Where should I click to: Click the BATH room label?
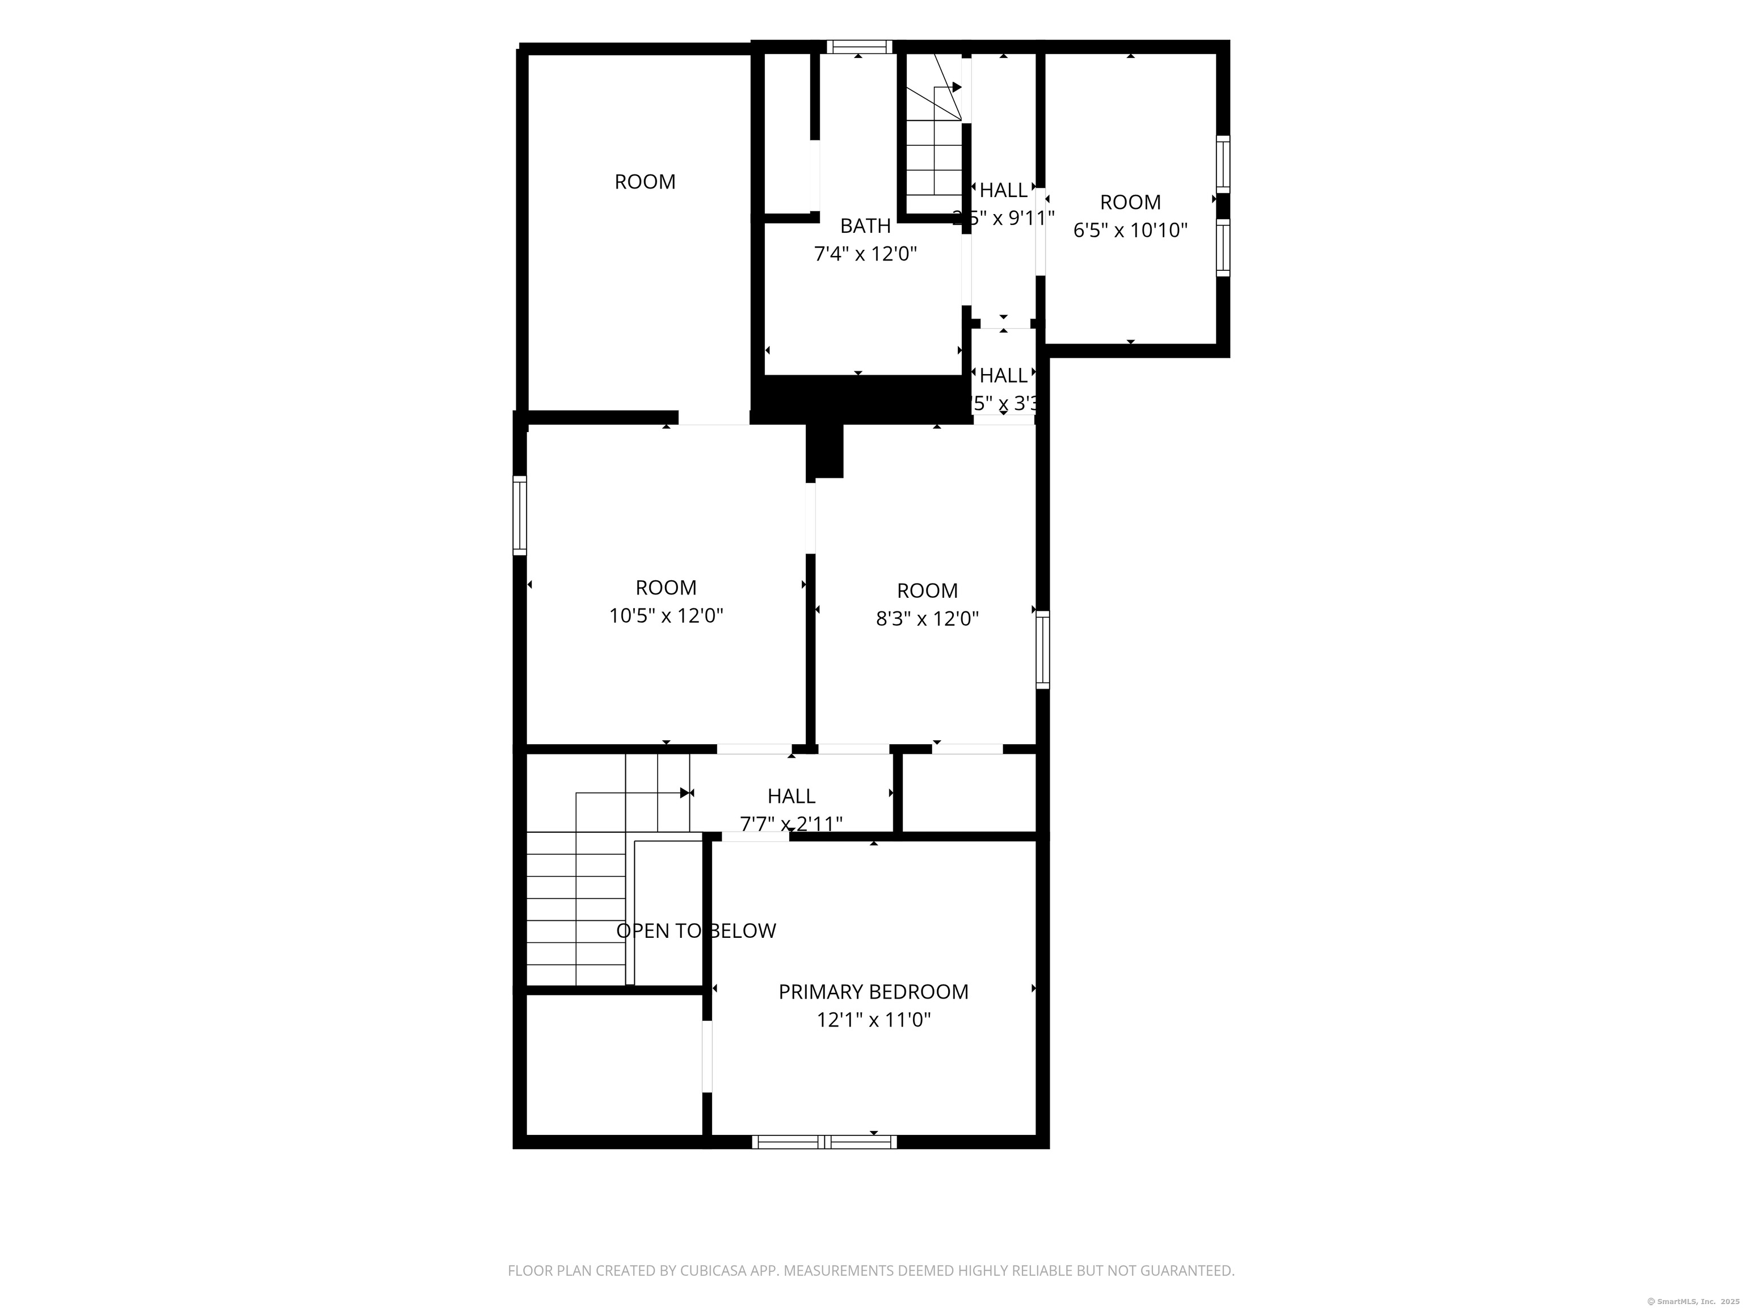[865, 227]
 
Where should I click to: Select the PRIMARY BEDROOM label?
[873, 992]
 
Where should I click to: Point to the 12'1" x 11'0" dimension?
[873, 1020]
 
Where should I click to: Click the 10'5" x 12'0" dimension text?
[666, 616]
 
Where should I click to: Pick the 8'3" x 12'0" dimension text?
[928, 619]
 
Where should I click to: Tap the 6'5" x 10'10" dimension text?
[1130, 230]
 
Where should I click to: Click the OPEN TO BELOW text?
[696, 931]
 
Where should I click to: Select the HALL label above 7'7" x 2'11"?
[791, 796]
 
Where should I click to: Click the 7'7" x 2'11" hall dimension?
[791, 824]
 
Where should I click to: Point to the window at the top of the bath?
[859, 47]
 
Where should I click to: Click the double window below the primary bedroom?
[824, 1142]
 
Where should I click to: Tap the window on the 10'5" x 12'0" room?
[519, 515]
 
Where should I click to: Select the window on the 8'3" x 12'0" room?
[1042, 649]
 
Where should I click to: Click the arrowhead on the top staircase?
[957, 87]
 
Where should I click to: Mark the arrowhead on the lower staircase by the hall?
[685, 793]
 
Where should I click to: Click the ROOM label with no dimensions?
[645, 182]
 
